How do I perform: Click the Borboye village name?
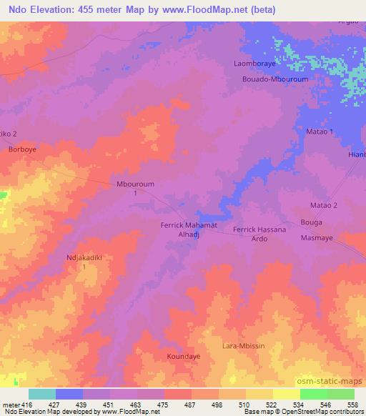[x=21, y=151]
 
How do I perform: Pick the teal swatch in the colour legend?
[x=42, y=394]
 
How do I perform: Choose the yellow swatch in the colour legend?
[x=287, y=394]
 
